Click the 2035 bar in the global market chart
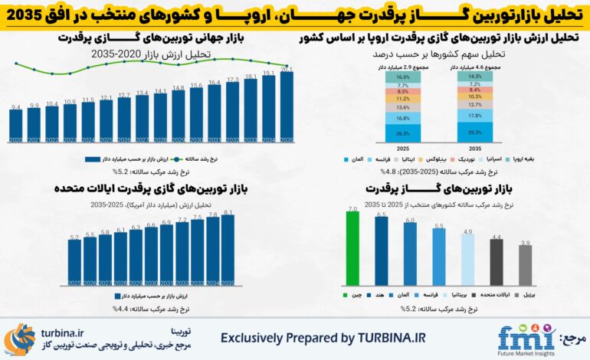click(287, 107)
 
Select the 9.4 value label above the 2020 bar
click(15, 109)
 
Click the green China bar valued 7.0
click(352, 248)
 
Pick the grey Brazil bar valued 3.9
click(525, 265)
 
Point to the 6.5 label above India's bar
click(381, 215)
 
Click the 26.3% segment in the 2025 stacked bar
click(403, 133)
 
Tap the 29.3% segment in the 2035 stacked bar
click(474, 132)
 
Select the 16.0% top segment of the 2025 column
click(403, 77)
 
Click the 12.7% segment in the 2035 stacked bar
click(474, 105)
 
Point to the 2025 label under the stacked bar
click(403, 149)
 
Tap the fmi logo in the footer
click(526, 338)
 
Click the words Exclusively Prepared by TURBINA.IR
click(323, 338)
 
